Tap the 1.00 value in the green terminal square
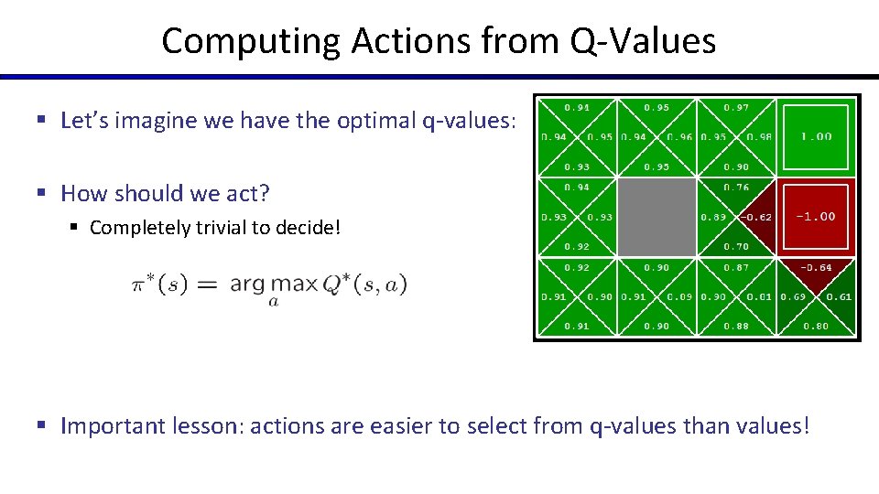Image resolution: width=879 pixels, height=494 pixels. pyautogui.click(x=816, y=136)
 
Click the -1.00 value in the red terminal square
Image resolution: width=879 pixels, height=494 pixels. pyautogui.click(x=815, y=217)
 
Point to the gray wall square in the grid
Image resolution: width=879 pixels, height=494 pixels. pyautogui.click(x=657, y=217)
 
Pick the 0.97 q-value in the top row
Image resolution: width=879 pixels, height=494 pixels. pyautogui.click(x=736, y=107)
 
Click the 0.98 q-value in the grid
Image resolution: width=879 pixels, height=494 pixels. pyautogui.click(x=759, y=137)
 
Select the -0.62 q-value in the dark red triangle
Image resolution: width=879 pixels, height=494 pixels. pyautogui.click(x=756, y=217)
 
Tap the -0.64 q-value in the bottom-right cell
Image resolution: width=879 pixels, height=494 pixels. pyautogui.click(x=815, y=267)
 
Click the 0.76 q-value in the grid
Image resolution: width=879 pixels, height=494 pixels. pyautogui.click(x=736, y=188)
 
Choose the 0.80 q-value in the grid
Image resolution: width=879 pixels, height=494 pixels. pyautogui.click(x=815, y=326)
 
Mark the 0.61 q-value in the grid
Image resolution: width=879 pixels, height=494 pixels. pyautogui.click(x=839, y=296)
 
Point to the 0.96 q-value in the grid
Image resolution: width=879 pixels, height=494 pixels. pyautogui.click(x=679, y=137)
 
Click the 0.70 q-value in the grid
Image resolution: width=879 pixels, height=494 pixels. pyautogui.click(x=736, y=246)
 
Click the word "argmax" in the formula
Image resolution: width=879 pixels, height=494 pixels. pyautogui.click(x=273, y=284)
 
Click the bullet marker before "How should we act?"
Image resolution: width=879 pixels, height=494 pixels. pyautogui.click(x=42, y=194)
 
